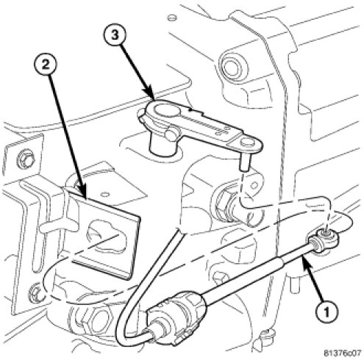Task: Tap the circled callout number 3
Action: click(x=115, y=36)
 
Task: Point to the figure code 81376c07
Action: click(x=343, y=353)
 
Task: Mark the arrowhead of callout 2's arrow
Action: click(x=83, y=193)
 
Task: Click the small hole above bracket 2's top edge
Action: click(x=106, y=193)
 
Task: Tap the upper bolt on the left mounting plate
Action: click(x=26, y=159)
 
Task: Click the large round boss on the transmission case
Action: click(x=232, y=66)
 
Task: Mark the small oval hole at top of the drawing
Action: click(x=172, y=18)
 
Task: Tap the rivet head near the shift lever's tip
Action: click(x=246, y=141)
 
